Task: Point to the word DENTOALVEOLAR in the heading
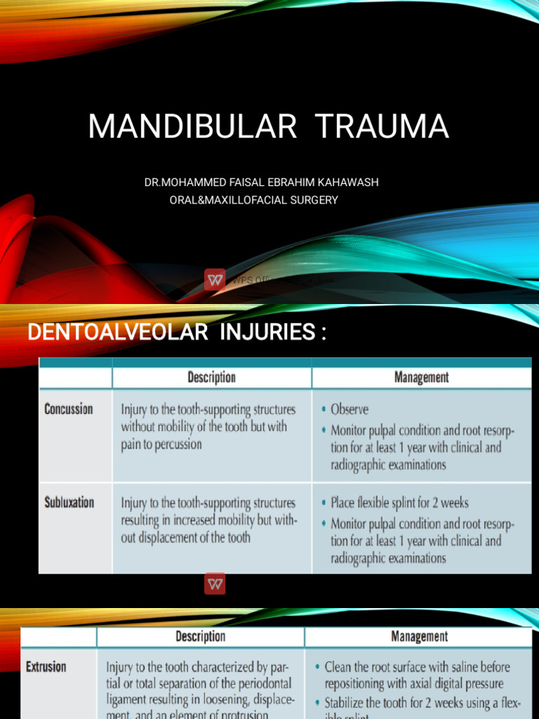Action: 117,332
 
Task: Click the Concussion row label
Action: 69,409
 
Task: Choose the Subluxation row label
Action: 69,503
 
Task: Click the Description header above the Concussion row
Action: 211,377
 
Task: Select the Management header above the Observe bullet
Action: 421,377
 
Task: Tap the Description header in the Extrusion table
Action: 201,637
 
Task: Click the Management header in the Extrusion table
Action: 418,637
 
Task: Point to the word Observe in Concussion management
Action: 350,409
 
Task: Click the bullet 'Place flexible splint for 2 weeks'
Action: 399,503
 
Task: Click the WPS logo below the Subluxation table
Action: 215,584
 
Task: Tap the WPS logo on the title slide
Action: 215,279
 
